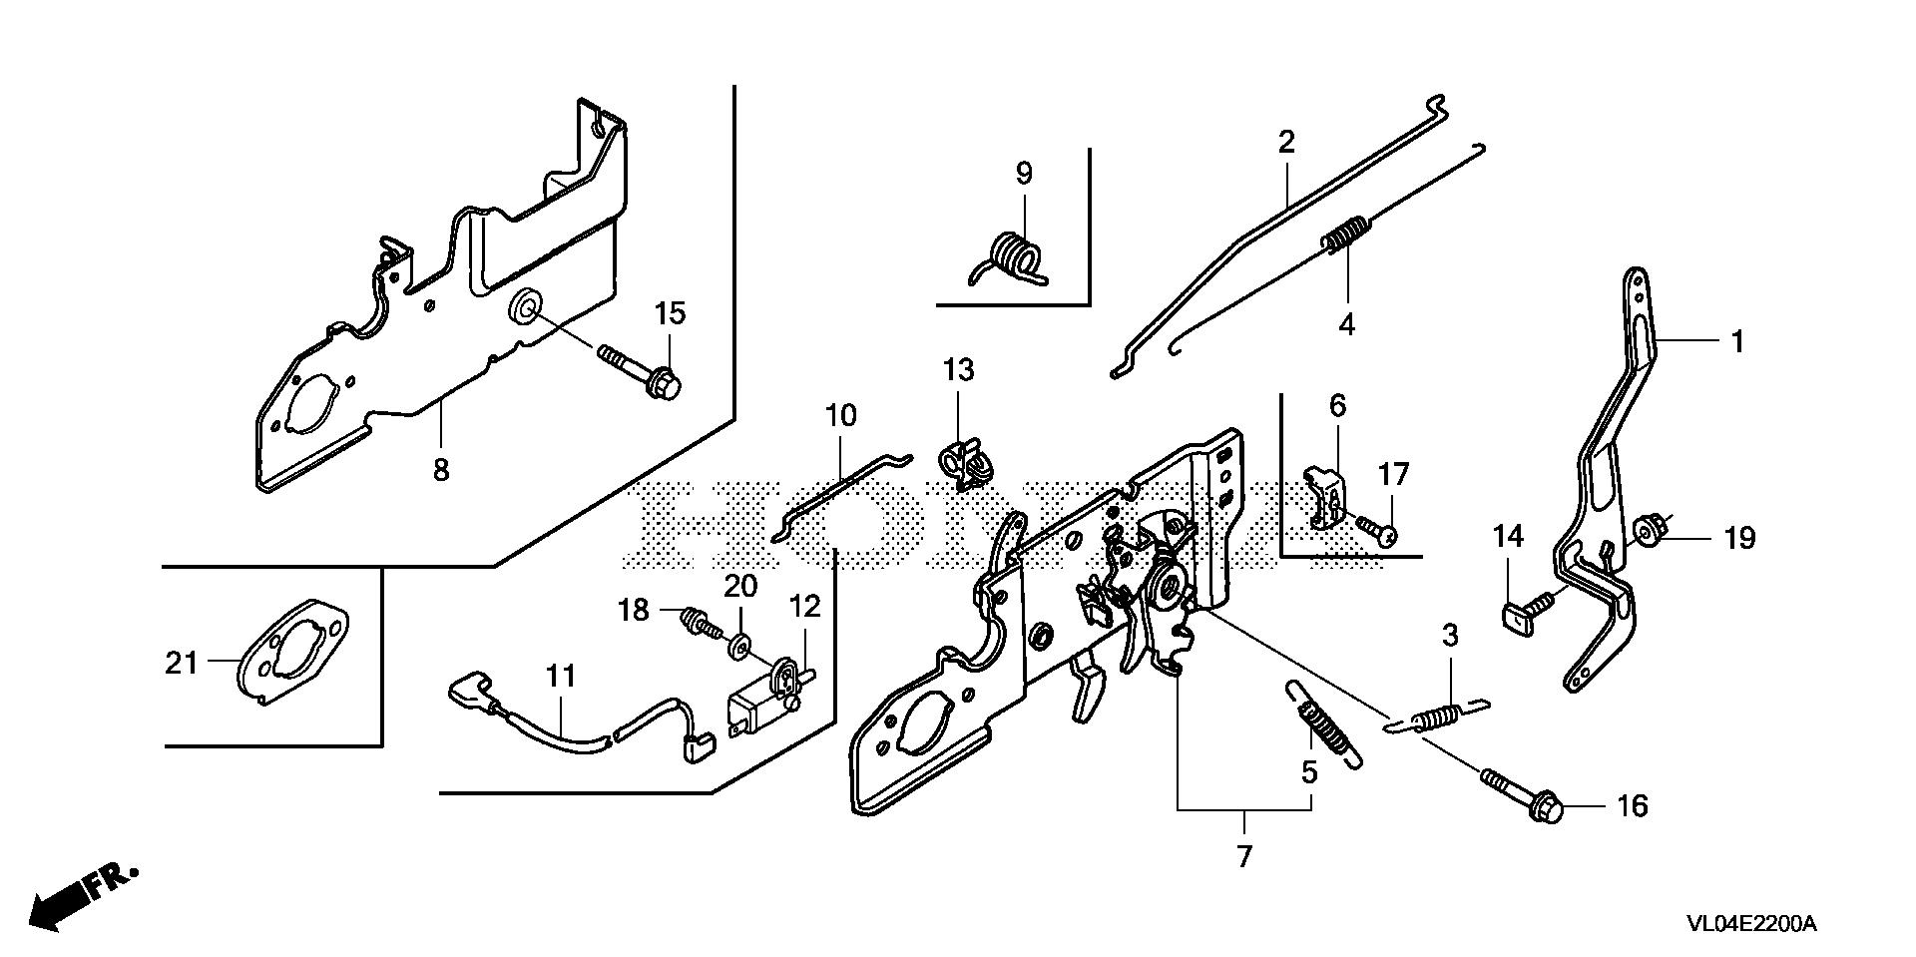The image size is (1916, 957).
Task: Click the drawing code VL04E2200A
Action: click(x=1751, y=925)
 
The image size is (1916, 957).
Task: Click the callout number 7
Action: click(x=1243, y=856)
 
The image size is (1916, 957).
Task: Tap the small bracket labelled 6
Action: click(x=1326, y=494)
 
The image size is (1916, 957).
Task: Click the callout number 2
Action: click(x=1285, y=142)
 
